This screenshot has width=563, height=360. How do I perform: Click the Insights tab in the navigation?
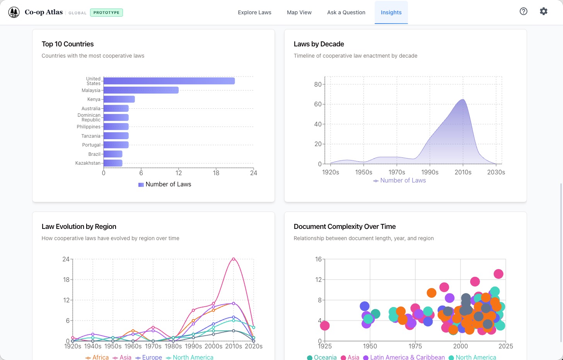[x=391, y=12]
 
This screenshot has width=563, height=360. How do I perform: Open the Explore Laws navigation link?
[x=254, y=12]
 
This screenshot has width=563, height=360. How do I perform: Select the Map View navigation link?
[x=299, y=12]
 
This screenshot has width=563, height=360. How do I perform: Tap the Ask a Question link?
[x=346, y=12]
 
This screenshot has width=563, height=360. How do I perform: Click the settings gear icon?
[x=543, y=11]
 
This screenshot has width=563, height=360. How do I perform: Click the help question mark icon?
[x=523, y=11]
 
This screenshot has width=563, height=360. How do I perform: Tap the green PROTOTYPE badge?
[x=106, y=12]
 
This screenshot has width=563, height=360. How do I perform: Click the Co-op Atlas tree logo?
[x=14, y=12]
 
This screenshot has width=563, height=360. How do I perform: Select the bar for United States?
[x=169, y=81]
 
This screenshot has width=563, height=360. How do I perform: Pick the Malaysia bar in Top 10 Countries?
[x=141, y=90]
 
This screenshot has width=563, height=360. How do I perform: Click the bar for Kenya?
[x=119, y=99]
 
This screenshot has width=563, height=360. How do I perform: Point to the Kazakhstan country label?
[x=88, y=163]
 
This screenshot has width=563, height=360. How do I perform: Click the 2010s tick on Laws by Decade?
[x=463, y=172]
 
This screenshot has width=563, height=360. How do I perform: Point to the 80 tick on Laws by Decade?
[x=317, y=84]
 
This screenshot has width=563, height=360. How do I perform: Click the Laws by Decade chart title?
[x=319, y=44]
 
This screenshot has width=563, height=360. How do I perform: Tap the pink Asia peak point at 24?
[x=234, y=259]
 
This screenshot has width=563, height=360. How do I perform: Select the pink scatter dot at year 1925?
[x=325, y=326]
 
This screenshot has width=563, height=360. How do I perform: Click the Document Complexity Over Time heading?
[x=345, y=227]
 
